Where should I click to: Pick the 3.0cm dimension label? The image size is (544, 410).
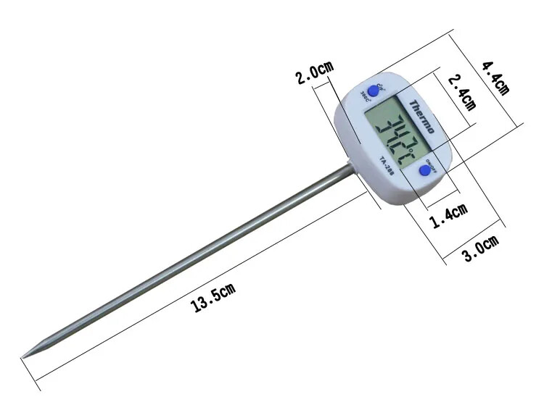(x=482, y=246)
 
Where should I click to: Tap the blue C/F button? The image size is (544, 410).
(x=374, y=91)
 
